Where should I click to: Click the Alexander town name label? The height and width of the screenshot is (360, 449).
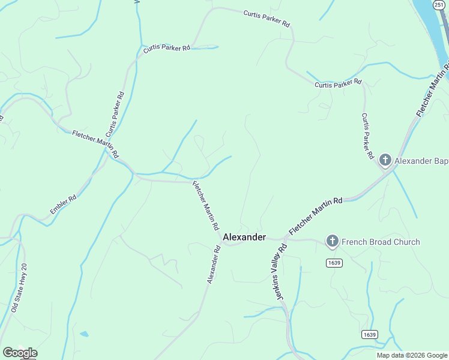click(x=244, y=237)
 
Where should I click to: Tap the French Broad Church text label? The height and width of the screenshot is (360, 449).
click(x=381, y=242)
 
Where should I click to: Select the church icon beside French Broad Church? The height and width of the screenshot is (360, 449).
click(x=332, y=242)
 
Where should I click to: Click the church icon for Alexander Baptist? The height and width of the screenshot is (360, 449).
click(x=385, y=161)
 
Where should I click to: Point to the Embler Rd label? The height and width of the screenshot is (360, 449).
click(x=63, y=204)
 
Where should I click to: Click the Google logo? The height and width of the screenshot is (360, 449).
click(x=20, y=353)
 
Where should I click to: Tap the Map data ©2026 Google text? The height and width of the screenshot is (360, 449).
click(x=412, y=355)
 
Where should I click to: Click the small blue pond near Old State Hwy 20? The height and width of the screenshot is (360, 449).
click(x=85, y=334)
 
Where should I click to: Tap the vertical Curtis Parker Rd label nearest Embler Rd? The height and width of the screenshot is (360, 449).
click(x=114, y=114)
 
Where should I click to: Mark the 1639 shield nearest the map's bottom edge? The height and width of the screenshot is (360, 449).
click(x=369, y=334)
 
